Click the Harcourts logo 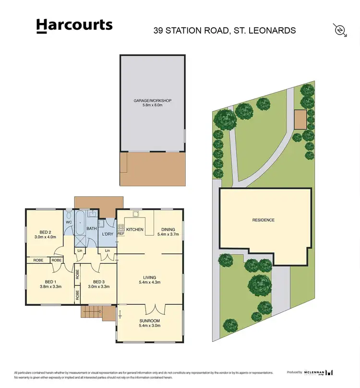coord(74,26)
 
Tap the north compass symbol coord(340,30)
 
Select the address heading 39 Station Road coord(224,30)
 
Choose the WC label coord(68,222)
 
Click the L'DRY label coord(108,234)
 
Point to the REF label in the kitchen coord(120,234)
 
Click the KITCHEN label coord(135,230)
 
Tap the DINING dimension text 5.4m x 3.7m coord(168,235)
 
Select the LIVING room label coord(150,277)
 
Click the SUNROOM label coord(150,320)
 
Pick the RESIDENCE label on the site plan coord(264,220)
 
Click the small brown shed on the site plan coord(300,120)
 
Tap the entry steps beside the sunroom coord(92,313)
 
